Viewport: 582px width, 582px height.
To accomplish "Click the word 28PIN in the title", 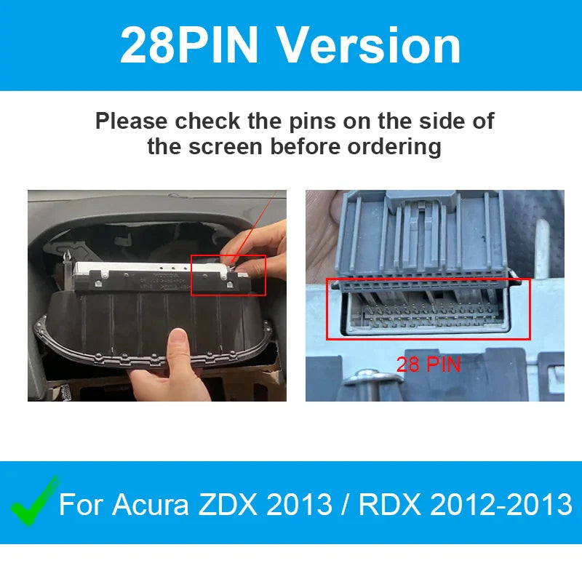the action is pos(189,45).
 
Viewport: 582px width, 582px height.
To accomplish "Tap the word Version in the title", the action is pos(369,45).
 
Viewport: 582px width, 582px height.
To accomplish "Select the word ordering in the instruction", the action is pos(394,147).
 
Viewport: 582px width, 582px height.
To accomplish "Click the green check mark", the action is pos(35,501).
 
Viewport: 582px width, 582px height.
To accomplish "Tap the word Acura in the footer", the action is pos(151,504).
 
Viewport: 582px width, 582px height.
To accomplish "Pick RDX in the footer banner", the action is pos(389,504).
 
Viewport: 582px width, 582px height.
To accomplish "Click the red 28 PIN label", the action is pos(428,364).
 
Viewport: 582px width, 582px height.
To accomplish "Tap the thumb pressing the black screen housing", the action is pos(179,350).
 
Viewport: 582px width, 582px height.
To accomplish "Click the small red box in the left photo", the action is pos(228,276).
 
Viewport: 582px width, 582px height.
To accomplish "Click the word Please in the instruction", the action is pos(132,121).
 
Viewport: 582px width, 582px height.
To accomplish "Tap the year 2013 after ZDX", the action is pos(299,504).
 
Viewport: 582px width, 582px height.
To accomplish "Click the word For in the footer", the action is pos(81,504).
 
